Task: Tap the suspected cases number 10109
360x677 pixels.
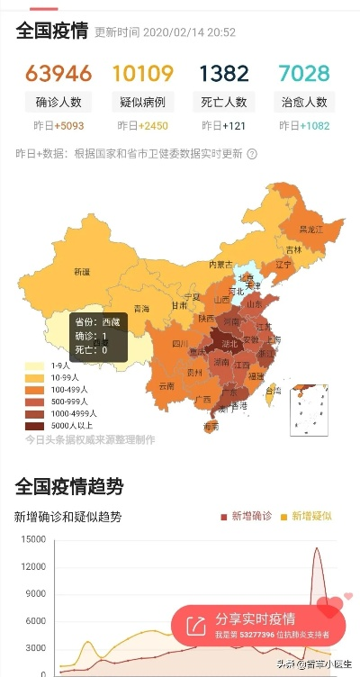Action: [x=142, y=73]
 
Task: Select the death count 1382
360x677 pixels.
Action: [x=223, y=73]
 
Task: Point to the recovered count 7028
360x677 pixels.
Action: [x=303, y=73]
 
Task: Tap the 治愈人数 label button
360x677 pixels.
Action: [x=303, y=102]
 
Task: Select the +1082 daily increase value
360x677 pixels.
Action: [x=314, y=125]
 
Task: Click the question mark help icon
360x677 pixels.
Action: [x=252, y=154]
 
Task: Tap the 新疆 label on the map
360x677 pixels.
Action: [x=82, y=271]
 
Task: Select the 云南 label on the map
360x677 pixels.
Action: [x=166, y=385]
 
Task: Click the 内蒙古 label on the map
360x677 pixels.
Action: [x=220, y=265]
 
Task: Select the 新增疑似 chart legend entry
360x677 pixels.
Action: [x=307, y=516]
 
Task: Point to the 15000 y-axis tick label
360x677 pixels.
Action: [x=31, y=539]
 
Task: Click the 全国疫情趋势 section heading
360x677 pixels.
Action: [x=69, y=487]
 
